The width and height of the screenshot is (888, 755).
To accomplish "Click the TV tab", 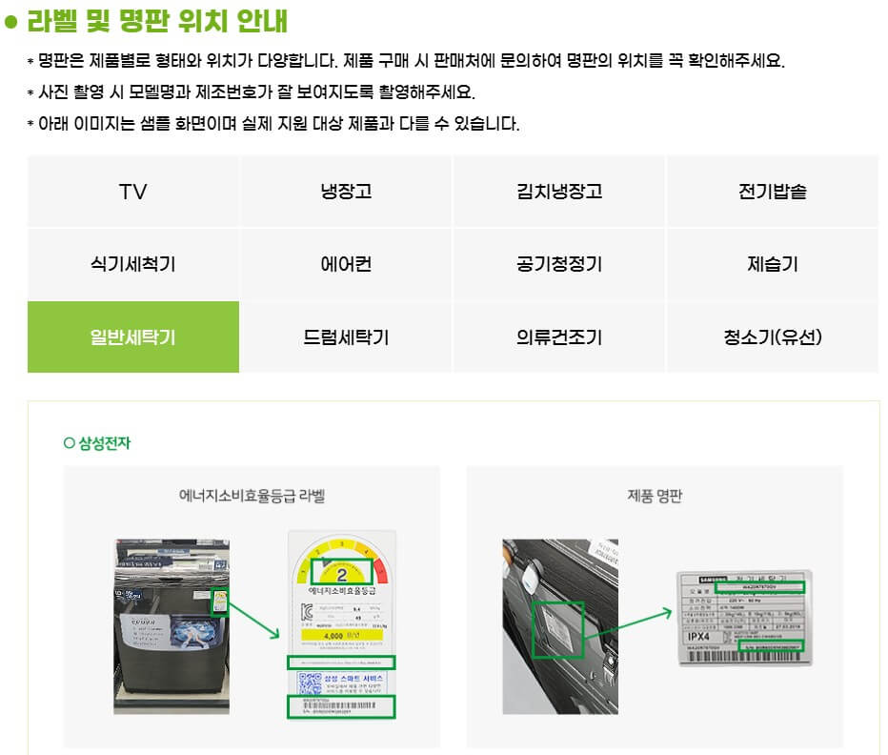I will pyautogui.click(x=133, y=192).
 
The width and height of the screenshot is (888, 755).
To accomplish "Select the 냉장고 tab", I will pyautogui.click(x=346, y=192).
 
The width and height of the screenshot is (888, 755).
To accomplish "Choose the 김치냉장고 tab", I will pyautogui.click(x=559, y=192).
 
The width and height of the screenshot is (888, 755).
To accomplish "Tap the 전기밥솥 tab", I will pyautogui.click(x=772, y=192).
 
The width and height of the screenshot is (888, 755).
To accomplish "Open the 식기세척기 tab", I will pyautogui.click(x=133, y=265).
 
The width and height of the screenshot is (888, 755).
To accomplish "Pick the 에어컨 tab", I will pyautogui.click(x=346, y=265).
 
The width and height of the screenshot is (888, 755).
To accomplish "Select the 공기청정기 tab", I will pyautogui.click(x=559, y=265).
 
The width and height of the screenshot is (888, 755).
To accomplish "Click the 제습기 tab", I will pyautogui.click(x=772, y=265).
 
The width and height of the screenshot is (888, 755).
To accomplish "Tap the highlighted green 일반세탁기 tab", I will pyautogui.click(x=133, y=337).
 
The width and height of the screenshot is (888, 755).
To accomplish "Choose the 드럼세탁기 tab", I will pyautogui.click(x=346, y=337).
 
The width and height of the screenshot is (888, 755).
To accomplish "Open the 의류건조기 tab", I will pyautogui.click(x=559, y=337).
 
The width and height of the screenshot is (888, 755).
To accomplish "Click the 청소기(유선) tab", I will pyautogui.click(x=772, y=337).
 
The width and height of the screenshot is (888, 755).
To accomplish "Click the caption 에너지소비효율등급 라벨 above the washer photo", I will pyautogui.click(x=252, y=496).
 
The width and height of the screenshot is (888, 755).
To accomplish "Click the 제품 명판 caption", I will pyautogui.click(x=655, y=496).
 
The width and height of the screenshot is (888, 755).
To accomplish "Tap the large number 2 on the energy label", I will pyautogui.click(x=342, y=573).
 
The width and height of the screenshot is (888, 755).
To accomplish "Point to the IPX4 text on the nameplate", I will pyautogui.click(x=698, y=636).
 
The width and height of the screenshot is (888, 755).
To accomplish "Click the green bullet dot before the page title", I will pyautogui.click(x=11, y=22).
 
